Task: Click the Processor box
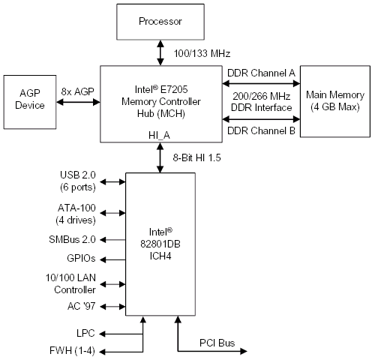(160, 22)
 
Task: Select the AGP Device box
(30, 102)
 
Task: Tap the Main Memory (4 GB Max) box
(335, 101)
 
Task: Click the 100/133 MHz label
(202, 53)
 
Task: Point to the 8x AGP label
(77, 91)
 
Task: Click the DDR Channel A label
(261, 73)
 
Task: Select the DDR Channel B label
(261, 130)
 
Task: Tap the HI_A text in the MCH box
(159, 135)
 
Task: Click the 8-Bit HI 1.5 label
(196, 157)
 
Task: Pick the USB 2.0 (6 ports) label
(78, 181)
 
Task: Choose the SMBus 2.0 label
(72, 239)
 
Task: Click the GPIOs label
(81, 258)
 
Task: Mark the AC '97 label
(81, 306)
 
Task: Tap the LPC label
(85, 333)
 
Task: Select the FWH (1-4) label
(72, 350)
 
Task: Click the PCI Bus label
(217, 343)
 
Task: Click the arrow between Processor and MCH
(160, 52)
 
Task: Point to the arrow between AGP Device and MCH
(78, 102)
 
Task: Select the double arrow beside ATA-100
(112, 213)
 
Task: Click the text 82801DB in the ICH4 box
(160, 244)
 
